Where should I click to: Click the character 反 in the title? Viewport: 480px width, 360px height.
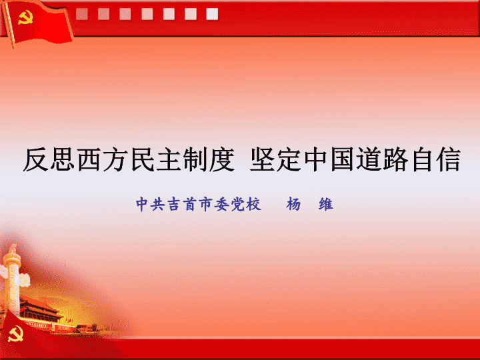(x=36, y=159)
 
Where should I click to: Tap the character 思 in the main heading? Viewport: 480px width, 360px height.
(x=63, y=159)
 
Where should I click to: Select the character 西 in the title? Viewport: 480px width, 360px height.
(x=89, y=159)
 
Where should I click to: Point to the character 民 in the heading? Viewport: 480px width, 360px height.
(x=143, y=159)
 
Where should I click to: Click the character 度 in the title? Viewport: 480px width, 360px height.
(x=222, y=159)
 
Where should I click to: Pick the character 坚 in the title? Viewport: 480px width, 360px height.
(x=263, y=159)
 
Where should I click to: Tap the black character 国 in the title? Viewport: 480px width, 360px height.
(x=343, y=159)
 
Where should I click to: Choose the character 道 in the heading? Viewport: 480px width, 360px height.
(x=369, y=159)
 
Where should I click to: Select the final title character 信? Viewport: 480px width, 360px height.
(x=449, y=159)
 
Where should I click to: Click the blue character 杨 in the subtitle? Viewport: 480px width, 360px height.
(x=293, y=204)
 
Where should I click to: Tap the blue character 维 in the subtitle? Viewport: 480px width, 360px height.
(x=326, y=204)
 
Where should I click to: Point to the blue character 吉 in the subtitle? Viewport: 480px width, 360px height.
(x=173, y=204)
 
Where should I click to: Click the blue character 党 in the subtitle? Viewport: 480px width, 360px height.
(x=237, y=204)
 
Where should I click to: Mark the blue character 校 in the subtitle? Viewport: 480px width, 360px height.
(x=253, y=204)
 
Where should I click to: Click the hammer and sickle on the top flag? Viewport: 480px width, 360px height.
(x=25, y=17)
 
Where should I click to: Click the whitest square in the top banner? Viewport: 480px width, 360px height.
(x=212, y=14)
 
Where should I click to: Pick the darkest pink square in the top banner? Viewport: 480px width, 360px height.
(x=82, y=14)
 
